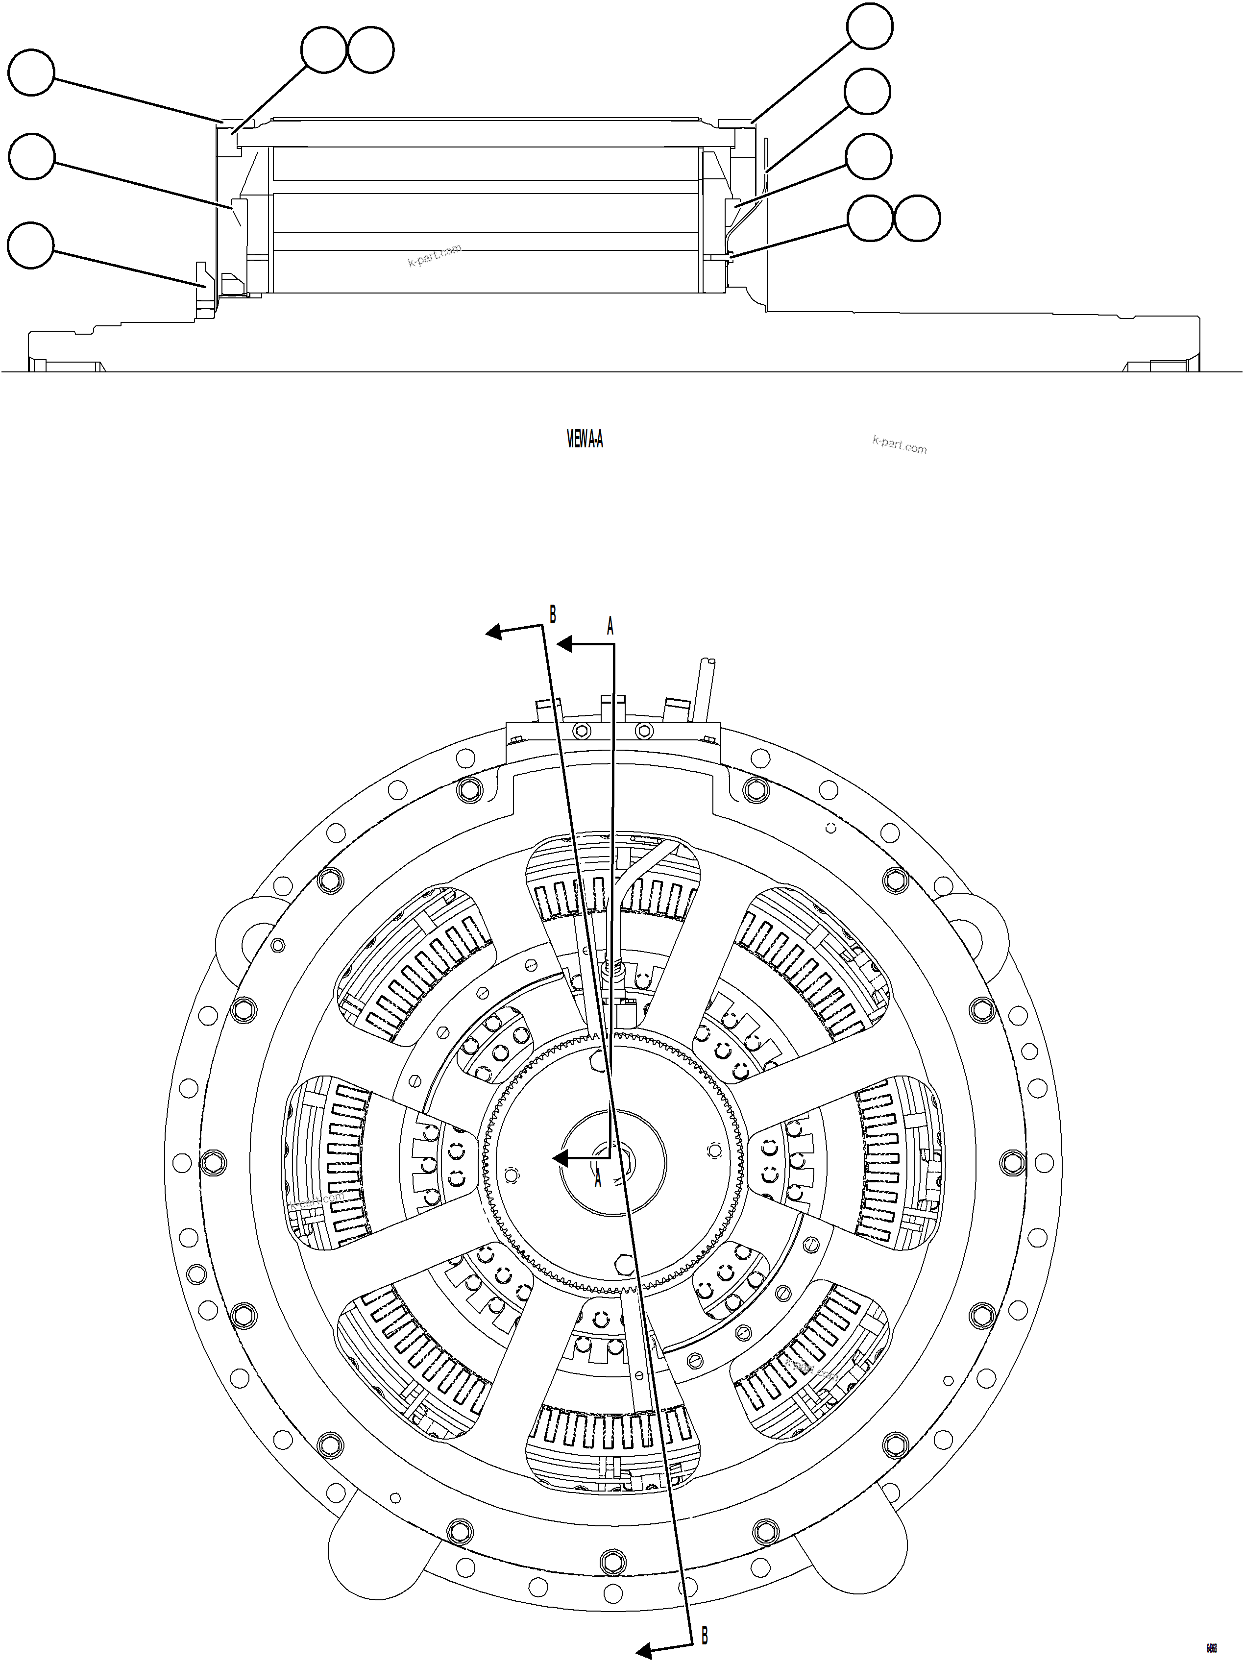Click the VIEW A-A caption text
point(585,440)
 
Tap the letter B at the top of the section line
point(553,614)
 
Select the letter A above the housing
point(610,626)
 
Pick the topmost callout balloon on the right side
point(870,26)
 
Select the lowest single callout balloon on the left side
point(31,245)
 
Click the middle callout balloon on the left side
point(31,156)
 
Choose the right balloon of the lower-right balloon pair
point(917,219)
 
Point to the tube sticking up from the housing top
point(707,688)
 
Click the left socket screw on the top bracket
point(583,731)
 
